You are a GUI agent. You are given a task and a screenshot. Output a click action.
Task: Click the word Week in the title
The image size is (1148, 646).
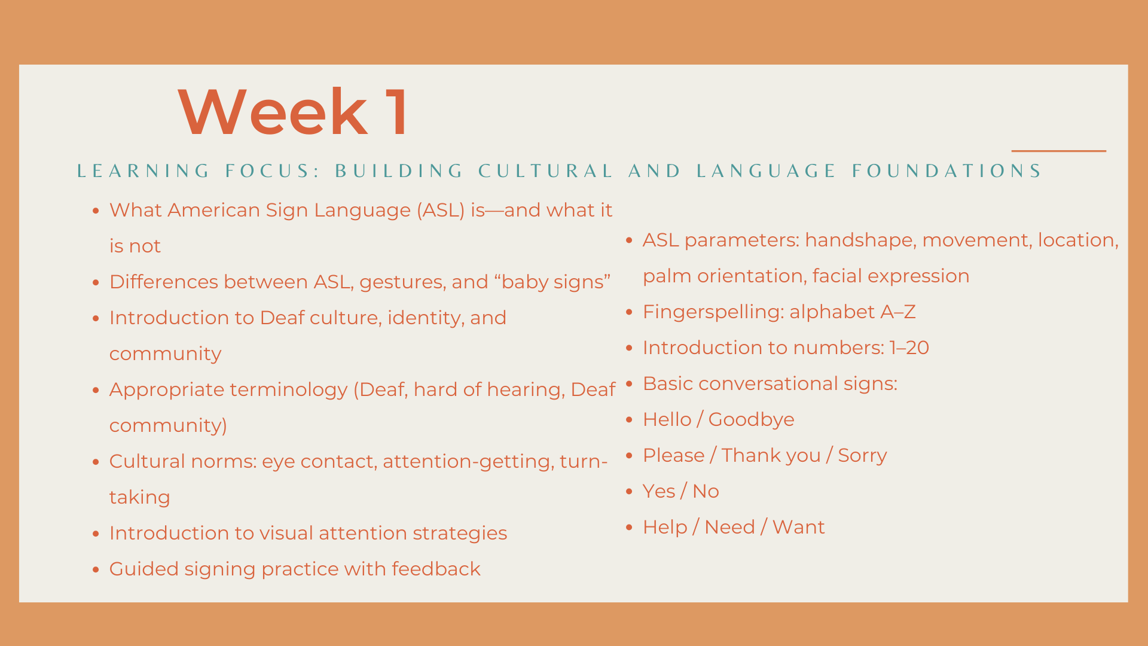[273, 112]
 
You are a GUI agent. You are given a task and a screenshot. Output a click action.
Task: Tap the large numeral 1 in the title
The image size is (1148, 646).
[397, 112]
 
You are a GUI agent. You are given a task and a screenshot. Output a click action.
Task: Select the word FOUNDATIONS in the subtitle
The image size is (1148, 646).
[947, 171]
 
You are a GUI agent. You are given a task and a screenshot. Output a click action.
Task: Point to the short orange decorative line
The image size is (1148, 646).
[1058, 151]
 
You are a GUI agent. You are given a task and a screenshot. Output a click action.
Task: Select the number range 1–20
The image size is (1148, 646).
[909, 348]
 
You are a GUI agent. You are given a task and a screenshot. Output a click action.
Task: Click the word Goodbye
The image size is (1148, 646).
[751, 420]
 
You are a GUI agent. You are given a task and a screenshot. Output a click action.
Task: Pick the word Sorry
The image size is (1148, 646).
[862, 456]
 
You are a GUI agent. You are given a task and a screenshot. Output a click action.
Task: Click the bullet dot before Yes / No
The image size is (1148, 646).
[629, 492]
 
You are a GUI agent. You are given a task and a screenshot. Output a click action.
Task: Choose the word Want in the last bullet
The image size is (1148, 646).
[798, 527]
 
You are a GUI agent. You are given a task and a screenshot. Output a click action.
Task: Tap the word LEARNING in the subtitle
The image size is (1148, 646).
[143, 171]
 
